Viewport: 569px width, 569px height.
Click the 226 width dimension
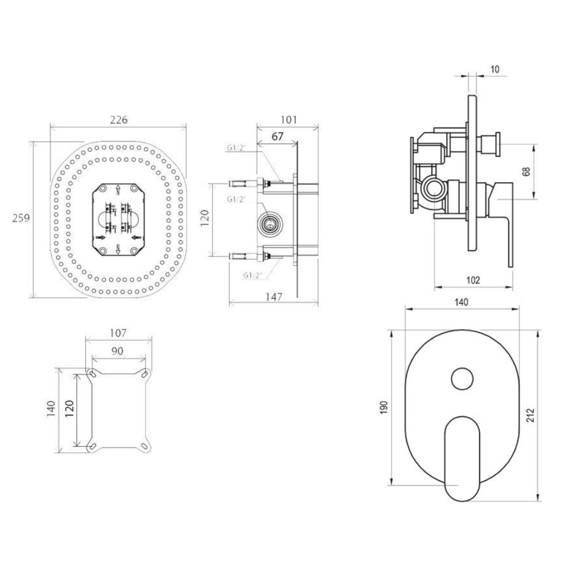119,119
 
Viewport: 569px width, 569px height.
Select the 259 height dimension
21,218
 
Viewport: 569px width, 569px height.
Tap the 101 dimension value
289,119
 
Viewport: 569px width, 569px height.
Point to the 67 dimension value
277,137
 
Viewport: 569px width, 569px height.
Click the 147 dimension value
274,297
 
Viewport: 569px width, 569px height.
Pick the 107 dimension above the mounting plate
118,333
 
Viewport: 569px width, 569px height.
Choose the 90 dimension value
118,351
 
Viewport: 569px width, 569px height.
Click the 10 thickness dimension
494,69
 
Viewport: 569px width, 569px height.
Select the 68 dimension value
527,171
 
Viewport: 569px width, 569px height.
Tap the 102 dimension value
473,280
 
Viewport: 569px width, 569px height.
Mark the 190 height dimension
385,407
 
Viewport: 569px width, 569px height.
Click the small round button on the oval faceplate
462,378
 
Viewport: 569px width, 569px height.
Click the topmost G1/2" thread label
236,148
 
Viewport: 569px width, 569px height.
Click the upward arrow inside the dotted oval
118,190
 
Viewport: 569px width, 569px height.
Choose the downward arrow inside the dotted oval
118,249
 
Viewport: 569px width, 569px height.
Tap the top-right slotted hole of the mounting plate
146,373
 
